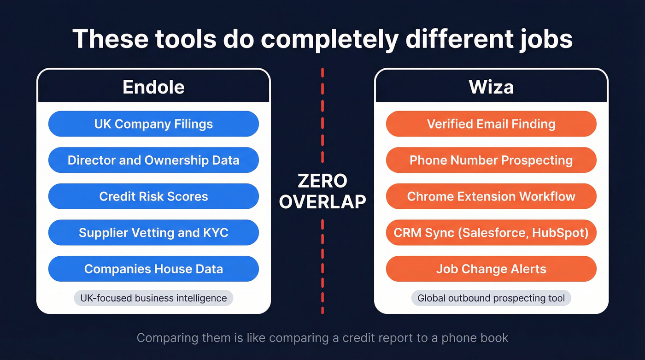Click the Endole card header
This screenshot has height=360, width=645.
(153, 87)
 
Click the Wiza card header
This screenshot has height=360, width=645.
(491, 87)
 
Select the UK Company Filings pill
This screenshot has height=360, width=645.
(153, 124)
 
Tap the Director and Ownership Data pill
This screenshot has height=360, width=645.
(153, 160)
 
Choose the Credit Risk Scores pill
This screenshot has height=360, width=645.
(153, 196)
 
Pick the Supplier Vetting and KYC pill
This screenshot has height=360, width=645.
(153, 232)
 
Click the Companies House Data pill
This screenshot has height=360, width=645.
(153, 269)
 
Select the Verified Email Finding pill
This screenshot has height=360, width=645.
(491, 124)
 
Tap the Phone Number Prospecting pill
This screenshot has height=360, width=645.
(491, 160)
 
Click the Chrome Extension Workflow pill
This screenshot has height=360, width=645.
(491, 196)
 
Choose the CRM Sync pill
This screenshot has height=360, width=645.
(491, 232)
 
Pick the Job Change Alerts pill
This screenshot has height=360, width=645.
(491, 269)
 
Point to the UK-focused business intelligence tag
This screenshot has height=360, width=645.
(153, 298)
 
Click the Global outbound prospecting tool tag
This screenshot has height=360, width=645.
(491, 298)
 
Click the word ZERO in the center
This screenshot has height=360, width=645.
(322, 181)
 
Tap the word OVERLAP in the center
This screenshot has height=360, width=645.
(322, 201)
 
